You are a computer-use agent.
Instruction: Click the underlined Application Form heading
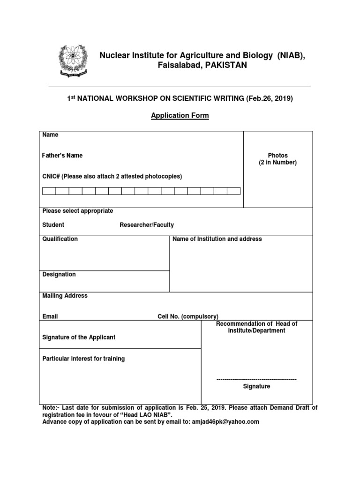pyautogui.click(x=180, y=116)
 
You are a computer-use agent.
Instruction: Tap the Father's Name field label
pyautogui.click(x=62, y=155)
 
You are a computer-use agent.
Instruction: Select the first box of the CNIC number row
pyautogui.click(x=49, y=191)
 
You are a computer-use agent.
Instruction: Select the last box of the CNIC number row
pyautogui.click(x=233, y=191)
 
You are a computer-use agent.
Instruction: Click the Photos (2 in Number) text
pyautogui.click(x=278, y=159)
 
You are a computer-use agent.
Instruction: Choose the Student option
pyautogui.click(x=53, y=225)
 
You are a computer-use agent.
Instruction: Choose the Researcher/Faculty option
pyautogui.click(x=147, y=225)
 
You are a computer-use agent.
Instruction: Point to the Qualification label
pyautogui.click(x=60, y=239)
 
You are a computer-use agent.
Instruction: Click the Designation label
pyautogui.click(x=59, y=274)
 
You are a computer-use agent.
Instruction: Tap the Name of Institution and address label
pyautogui.click(x=217, y=239)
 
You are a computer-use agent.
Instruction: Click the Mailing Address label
pyautogui.click(x=65, y=296)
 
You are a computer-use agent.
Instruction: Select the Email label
pyautogui.click(x=50, y=316)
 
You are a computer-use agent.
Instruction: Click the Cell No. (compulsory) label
pyautogui.click(x=188, y=316)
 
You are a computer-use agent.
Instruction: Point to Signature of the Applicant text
pyautogui.click(x=79, y=337)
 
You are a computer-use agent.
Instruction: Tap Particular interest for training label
pyautogui.click(x=83, y=359)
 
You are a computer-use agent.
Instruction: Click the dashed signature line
pyautogui.click(x=256, y=379)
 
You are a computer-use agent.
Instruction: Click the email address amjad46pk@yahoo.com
pyautogui.click(x=225, y=421)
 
